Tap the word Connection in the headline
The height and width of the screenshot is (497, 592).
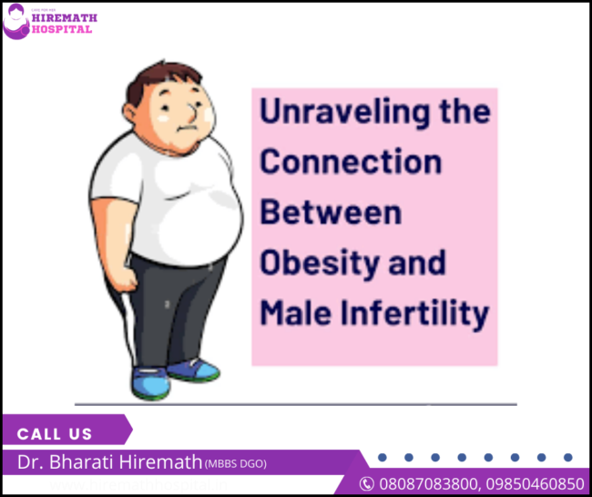click(x=351, y=162)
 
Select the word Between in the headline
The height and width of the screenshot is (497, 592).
click(x=331, y=212)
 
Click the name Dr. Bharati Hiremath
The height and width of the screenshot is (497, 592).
click(x=109, y=462)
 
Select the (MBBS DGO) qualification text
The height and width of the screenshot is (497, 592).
click(x=235, y=464)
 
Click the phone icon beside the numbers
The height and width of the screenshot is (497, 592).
click(x=366, y=483)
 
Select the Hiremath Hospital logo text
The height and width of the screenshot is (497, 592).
click(x=62, y=23)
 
